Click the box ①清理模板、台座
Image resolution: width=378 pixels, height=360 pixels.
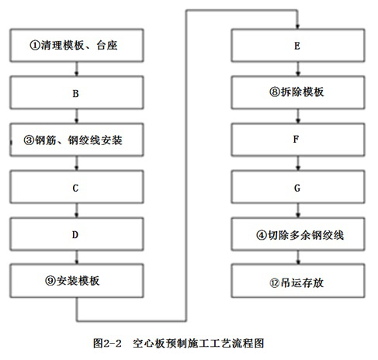coord(76,45)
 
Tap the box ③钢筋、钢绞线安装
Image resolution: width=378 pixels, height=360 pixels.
coord(76,140)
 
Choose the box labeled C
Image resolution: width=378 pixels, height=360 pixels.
coord(76,187)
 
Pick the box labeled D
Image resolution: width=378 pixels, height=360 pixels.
coord(76,234)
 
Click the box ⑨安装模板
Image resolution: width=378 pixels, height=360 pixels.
coord(76,279)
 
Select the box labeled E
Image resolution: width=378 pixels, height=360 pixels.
coord(298,46)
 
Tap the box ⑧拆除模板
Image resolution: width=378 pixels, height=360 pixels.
coord(298,92)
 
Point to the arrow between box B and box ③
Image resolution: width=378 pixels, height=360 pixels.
coord(76,116)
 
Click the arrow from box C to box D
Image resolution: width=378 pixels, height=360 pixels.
coord(76,210)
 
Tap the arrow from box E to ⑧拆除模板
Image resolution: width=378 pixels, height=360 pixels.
coord(297,69)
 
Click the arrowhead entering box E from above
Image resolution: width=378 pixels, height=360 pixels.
coord(297,26)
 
